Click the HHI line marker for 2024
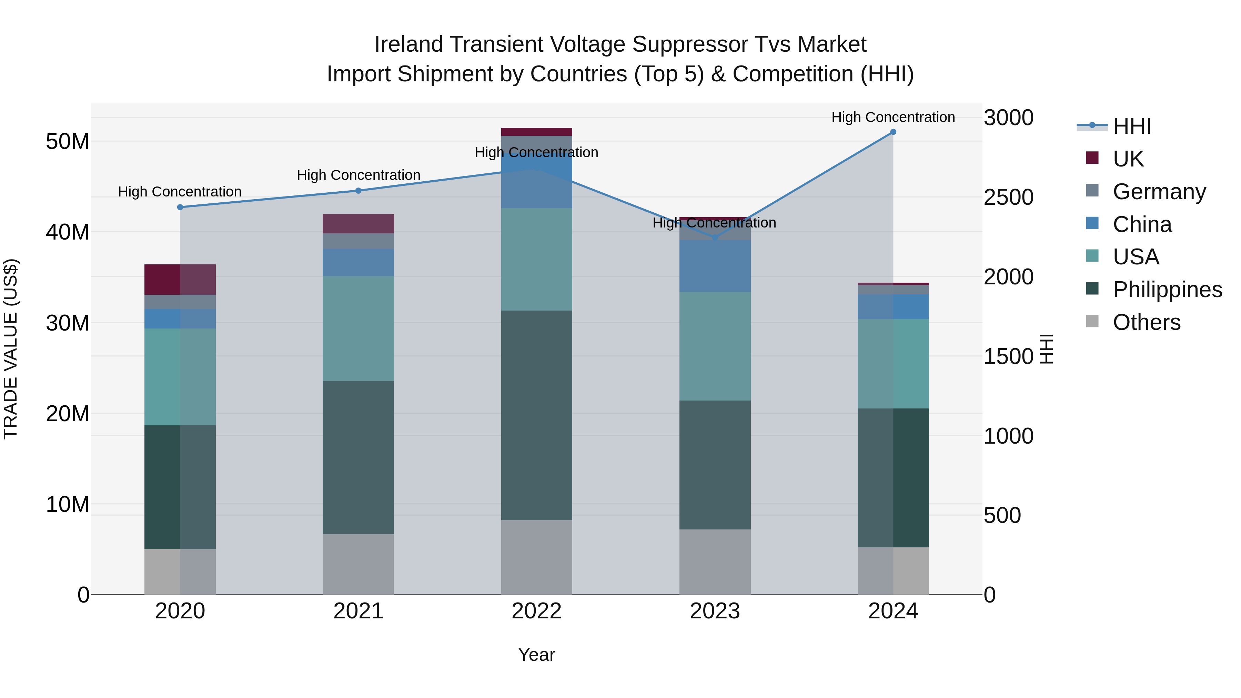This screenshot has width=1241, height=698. point(893,132)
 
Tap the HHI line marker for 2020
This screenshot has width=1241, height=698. point(180,207)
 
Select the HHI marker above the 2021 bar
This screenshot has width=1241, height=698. point(359,191)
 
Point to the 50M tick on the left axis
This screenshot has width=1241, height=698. point(68,142)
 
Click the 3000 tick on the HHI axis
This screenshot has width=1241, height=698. point(1008,118)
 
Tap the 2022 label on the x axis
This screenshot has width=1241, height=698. point(536,611)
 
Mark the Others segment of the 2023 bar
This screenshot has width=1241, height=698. point(715,562)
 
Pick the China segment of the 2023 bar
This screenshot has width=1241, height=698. point(715,265)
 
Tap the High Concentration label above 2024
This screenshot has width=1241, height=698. point(893,117)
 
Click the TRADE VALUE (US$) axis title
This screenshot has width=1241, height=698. point(11,349)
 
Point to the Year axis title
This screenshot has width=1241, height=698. point(536,655)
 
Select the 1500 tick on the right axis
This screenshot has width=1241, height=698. point(1008,356)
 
